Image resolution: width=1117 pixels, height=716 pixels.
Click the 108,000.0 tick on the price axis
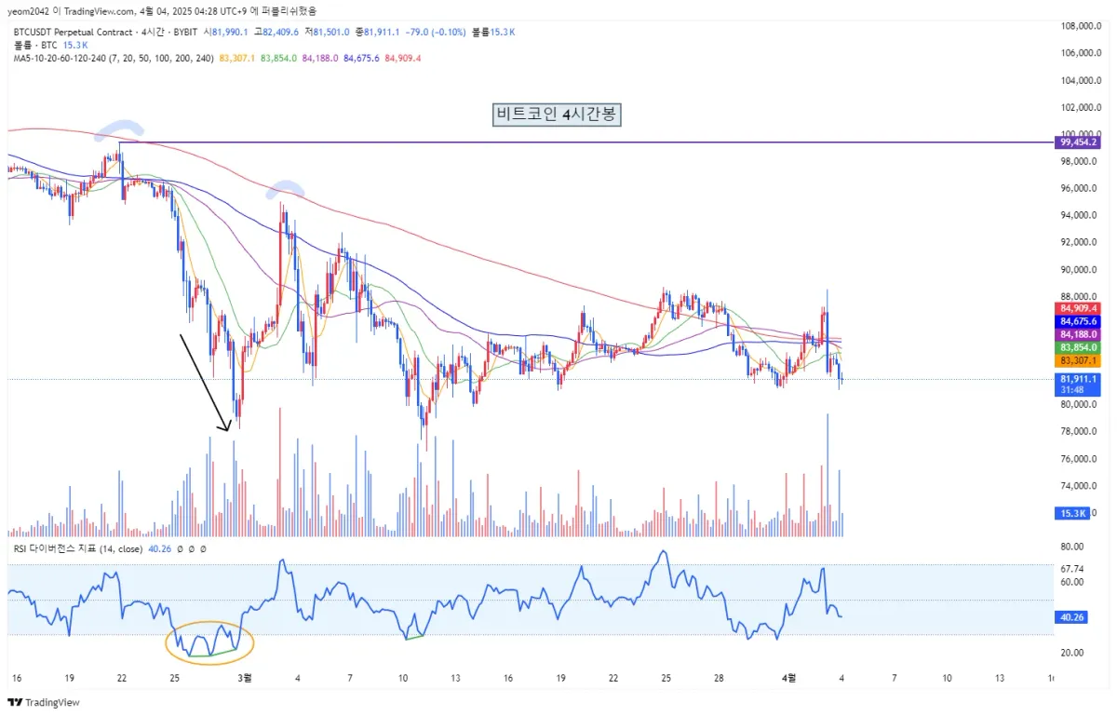tap(1081, 26)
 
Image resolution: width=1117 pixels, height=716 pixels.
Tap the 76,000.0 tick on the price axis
tap(1079, 459)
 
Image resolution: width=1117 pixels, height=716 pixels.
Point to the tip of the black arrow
tap(227, 430)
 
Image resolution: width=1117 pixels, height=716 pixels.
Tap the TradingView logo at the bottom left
tap(44, 702)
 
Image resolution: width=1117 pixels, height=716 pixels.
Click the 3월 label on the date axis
tap(246, 677)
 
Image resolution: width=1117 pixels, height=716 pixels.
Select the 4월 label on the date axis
tap(788, 677)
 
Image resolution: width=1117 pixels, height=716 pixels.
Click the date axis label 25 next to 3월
tap(174, 677)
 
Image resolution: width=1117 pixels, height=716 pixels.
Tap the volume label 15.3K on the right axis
tap(1073, 513)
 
